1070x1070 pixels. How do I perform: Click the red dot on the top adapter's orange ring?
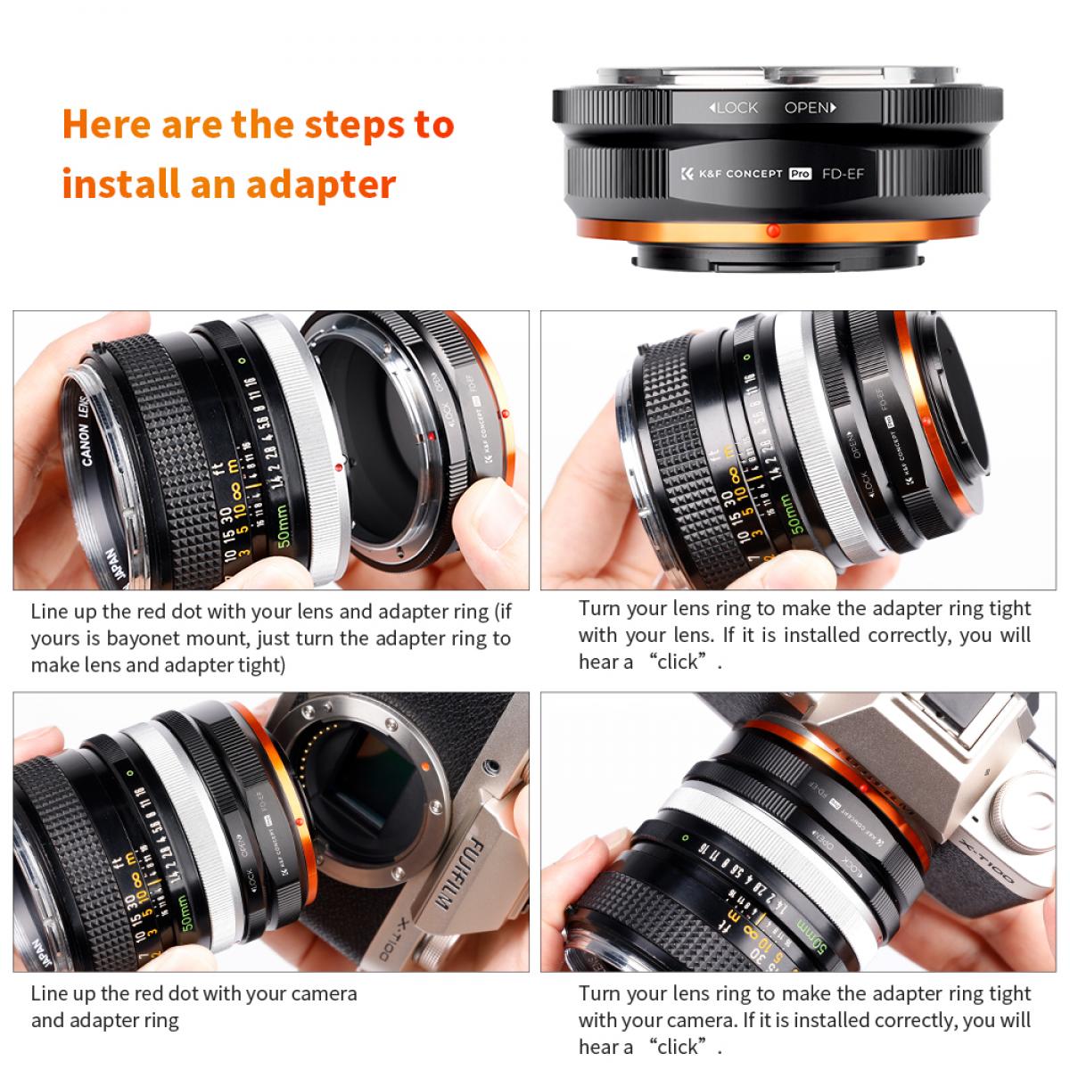(772, 231)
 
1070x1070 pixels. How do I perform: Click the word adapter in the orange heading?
(321, 184)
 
